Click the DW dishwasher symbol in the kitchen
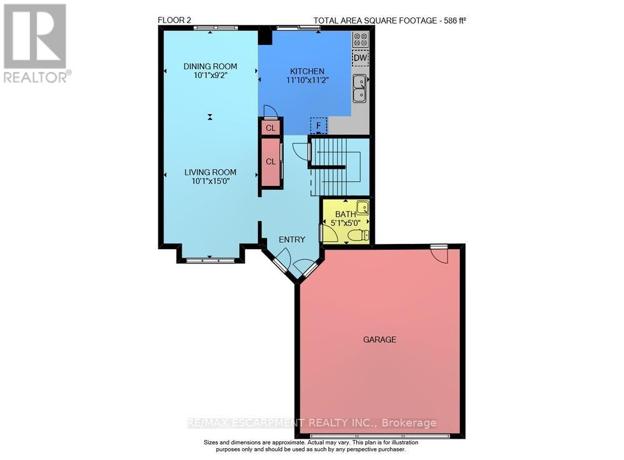pos(360,58)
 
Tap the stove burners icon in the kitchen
pos(360,39)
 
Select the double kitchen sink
pos(359,88)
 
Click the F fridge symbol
pos(319,125)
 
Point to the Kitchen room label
pos(306,71)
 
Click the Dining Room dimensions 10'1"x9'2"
pos(210,76)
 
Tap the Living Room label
pos(210,172)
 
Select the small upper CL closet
pos(270,128)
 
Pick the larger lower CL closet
pos(270,162)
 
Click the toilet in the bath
pos(358,236)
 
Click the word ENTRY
pos(292,240)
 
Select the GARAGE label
pos(380,340)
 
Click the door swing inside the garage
pos(439,254)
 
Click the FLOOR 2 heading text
pos(175,21)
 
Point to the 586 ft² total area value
pos(455,21)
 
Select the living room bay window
pos(208,260)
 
